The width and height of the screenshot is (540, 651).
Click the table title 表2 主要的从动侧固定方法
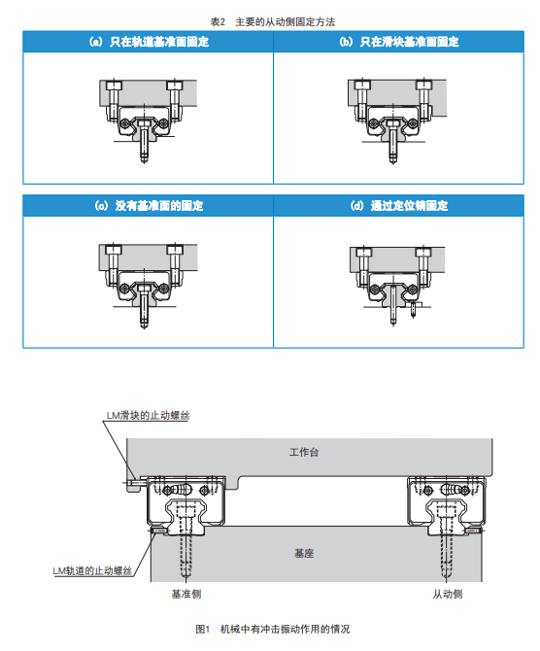click(272, 21)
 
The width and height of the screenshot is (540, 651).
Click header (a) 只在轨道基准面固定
click(149, 42)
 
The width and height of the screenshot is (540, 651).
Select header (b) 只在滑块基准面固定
click(398, 42)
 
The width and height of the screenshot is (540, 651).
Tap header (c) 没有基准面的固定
click(149, 206)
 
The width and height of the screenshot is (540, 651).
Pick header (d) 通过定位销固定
click(398, 206)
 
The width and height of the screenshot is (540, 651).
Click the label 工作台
click(304, 452)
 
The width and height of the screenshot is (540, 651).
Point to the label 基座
click(304, 553)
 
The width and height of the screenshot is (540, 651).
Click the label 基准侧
click(186, 594)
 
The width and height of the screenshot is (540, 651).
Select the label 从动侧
click(447, 594)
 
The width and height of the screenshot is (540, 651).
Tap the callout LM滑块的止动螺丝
click(148, 415)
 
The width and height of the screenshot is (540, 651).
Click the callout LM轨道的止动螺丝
click(92, 571)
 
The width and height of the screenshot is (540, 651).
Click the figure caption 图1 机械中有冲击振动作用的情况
click(272, 629)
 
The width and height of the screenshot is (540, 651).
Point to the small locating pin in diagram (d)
click(413, 310)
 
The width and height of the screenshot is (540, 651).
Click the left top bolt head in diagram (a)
click(114, 86)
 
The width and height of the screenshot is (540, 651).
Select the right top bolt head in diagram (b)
click(423, 86)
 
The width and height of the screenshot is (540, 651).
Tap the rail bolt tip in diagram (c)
click(144, 325)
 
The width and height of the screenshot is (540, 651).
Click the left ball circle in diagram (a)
click(125, 123)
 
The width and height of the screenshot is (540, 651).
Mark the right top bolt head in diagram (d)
click(422, 252)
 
